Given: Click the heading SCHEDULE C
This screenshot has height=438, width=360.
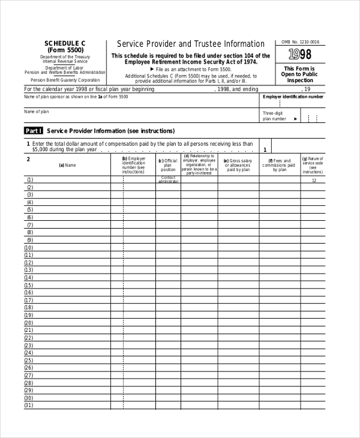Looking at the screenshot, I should coord(65,43).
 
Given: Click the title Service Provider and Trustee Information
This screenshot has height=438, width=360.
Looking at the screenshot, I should coord(190,44).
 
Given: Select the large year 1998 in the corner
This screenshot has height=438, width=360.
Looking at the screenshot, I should coord(300,55).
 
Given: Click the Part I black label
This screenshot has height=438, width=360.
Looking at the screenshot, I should coord(34,130).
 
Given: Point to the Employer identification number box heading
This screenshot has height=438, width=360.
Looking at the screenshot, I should coord(293,97).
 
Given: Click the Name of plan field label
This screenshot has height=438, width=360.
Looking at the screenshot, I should coord(37,112).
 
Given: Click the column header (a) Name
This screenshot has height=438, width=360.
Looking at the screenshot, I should coord(67,165).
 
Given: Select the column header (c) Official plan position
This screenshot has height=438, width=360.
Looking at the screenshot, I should coord(168,165).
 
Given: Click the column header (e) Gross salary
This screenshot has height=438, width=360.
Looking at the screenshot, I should coord(238,165).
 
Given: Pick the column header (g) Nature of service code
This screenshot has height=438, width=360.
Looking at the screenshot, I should coord(313,165).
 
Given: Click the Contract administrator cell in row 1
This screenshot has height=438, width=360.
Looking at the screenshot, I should coord(169,179).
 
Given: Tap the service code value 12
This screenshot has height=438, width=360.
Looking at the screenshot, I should coord(314,180).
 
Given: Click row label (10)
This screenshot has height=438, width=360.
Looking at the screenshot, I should coord(29,247).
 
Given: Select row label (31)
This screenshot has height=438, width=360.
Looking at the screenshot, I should coord(29,405).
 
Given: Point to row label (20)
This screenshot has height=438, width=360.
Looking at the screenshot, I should coord(29,322).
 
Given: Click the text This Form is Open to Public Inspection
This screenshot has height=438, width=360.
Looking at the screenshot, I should coord(300,74).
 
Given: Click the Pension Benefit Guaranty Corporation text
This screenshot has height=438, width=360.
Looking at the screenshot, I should coord(65,80).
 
